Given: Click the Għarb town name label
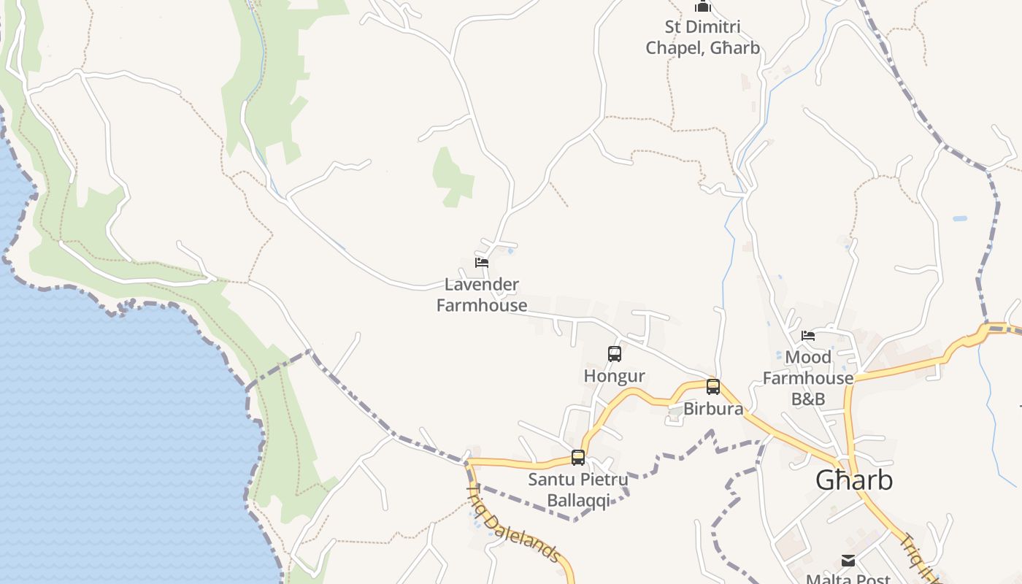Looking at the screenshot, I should click(x=853, y=480).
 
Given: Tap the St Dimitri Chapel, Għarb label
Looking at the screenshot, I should click(x=702, y=37).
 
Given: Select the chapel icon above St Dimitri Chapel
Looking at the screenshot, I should click(x=703, y=7).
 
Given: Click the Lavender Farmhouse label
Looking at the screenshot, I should click(x=482, y=295).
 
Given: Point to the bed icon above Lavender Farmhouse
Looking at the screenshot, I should click(x=481, y=263).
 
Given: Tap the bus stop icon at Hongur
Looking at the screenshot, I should click(x=615, y=354).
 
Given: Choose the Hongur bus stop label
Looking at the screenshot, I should click(x=615, y=376).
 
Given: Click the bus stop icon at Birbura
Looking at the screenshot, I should click(x=713, y=387).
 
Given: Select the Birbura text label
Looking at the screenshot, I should click(x=713, y=409).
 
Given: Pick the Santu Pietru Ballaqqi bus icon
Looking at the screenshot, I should click(x=578, y=458).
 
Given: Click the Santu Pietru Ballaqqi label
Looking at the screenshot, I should click(x=578, y=491).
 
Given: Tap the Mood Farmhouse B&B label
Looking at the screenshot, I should click(x=808, y=378).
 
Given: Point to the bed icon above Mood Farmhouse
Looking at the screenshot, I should click(x=808, y=336).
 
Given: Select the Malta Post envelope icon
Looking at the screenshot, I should click(x=848, y=561).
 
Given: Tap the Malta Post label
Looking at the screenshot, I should click(x=848, y=579).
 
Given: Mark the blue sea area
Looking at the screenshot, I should click(x=109, y=438).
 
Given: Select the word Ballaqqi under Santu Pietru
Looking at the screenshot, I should click(x=578, y=501).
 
